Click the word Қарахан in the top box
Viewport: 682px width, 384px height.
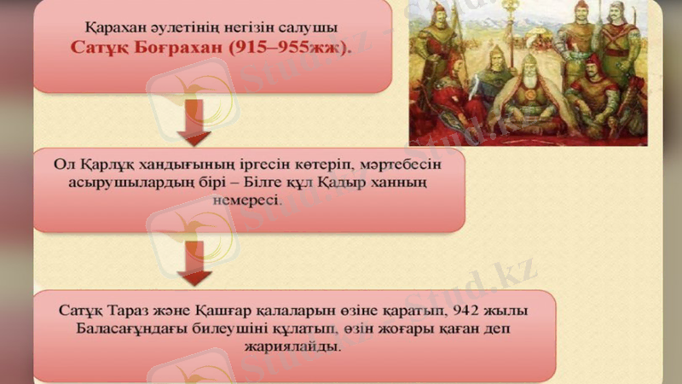tap(116, 26)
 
